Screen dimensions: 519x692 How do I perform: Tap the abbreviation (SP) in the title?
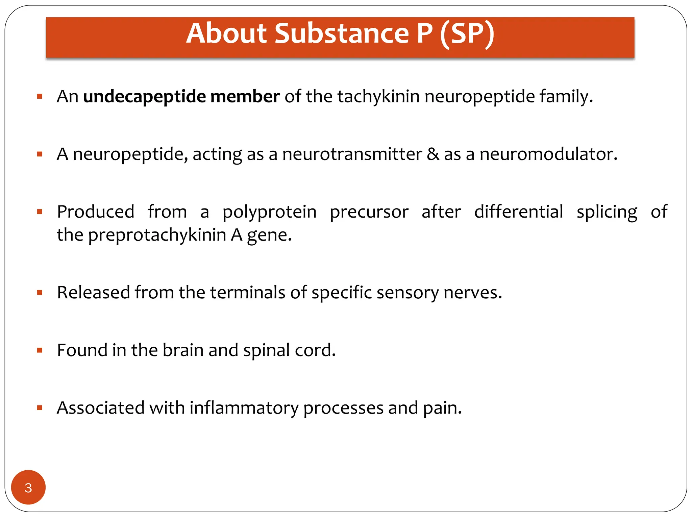pyautogui.click(x=467, y=34)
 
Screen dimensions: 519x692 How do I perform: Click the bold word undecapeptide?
pyautogui.click(x=144, y=97)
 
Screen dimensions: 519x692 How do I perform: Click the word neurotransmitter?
pyautogui.click(x=352, y=154)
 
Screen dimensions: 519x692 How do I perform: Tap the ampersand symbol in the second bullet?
pyautogui.click(x=433, y=154)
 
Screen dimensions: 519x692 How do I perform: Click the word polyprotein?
pyautogui.click(x=269, y=213)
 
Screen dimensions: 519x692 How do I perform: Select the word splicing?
pyautogui.click(x=607, y=213)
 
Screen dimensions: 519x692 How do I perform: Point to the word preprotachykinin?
pyautogui.click(x=157, y=235)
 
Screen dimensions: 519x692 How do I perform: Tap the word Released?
pyautogui.click(x=93, y=292)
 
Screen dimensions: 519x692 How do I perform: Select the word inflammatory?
pyautogui.click(x=244, y=408)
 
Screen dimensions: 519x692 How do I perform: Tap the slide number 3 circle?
pyautogui.click(x=28, y=487)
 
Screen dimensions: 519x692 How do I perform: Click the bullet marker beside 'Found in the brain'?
pyautogui.click(x=40, y=350)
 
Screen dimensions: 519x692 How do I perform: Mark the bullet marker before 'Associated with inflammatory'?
pyautogui.click(x=40, y=408)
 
